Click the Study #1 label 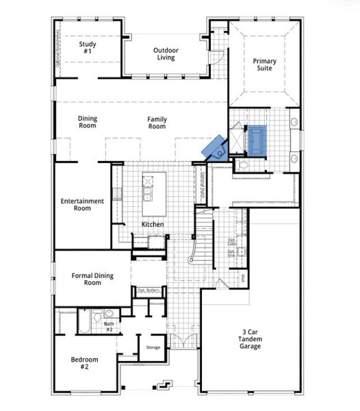(87, 48)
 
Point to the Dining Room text (87, 122)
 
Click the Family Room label (157, 123)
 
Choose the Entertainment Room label (82, 204)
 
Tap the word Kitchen (153, 225)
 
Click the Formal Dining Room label (92, 279)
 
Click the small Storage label (153, 347)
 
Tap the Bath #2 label (109, 326)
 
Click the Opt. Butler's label (149, 290)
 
